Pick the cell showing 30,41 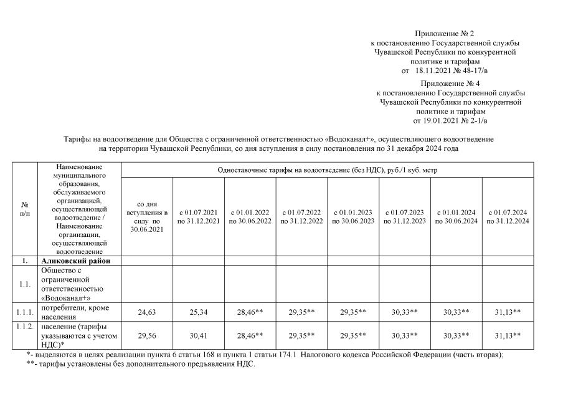(198, 336)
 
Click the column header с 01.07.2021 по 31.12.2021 (198, 217)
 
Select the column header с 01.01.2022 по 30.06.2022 (250, 217)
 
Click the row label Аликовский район (76, 261)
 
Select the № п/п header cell (26, 209)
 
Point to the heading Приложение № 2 (444, 33)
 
